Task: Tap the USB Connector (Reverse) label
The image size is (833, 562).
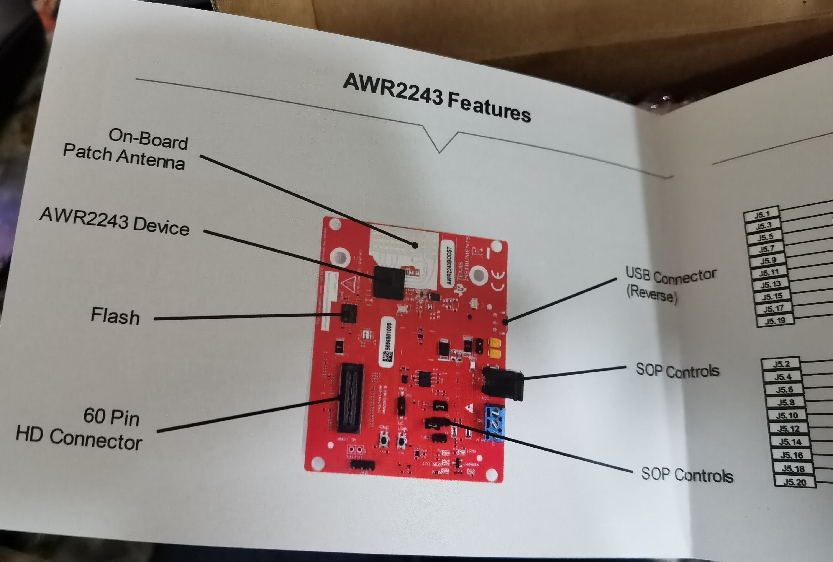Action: point(670,285)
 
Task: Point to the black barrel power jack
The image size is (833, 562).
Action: point(503,382)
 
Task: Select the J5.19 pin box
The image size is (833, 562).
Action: point(775,320)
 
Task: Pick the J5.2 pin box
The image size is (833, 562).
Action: point(781,364)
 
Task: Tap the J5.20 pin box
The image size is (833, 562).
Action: point(795,482)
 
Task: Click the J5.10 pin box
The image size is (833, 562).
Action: point(787,415)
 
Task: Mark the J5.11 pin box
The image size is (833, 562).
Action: point(769,272)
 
